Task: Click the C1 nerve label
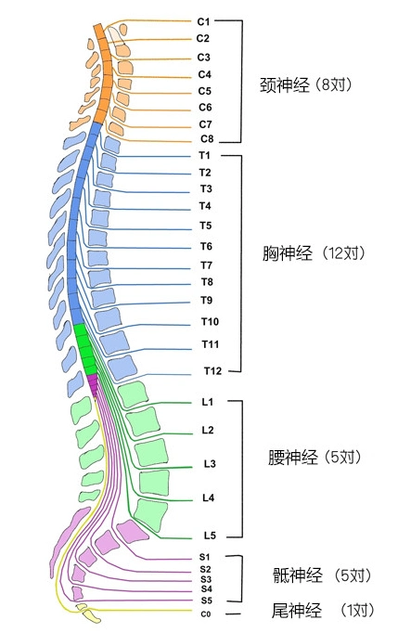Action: point(204,20)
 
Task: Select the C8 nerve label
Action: point(207,139)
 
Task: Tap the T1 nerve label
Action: point(205,155)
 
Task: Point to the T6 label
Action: point(206,246)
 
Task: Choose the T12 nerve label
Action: point(211,371)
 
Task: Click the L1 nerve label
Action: point(208,402)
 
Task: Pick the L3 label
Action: point(210,463)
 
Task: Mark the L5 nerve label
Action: point(210,536)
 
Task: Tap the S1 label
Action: point(205,556)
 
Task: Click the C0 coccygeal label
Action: point(205,614)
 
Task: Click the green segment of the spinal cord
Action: point(86,349)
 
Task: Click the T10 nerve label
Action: point(210,321)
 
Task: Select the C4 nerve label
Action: point(205,74)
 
